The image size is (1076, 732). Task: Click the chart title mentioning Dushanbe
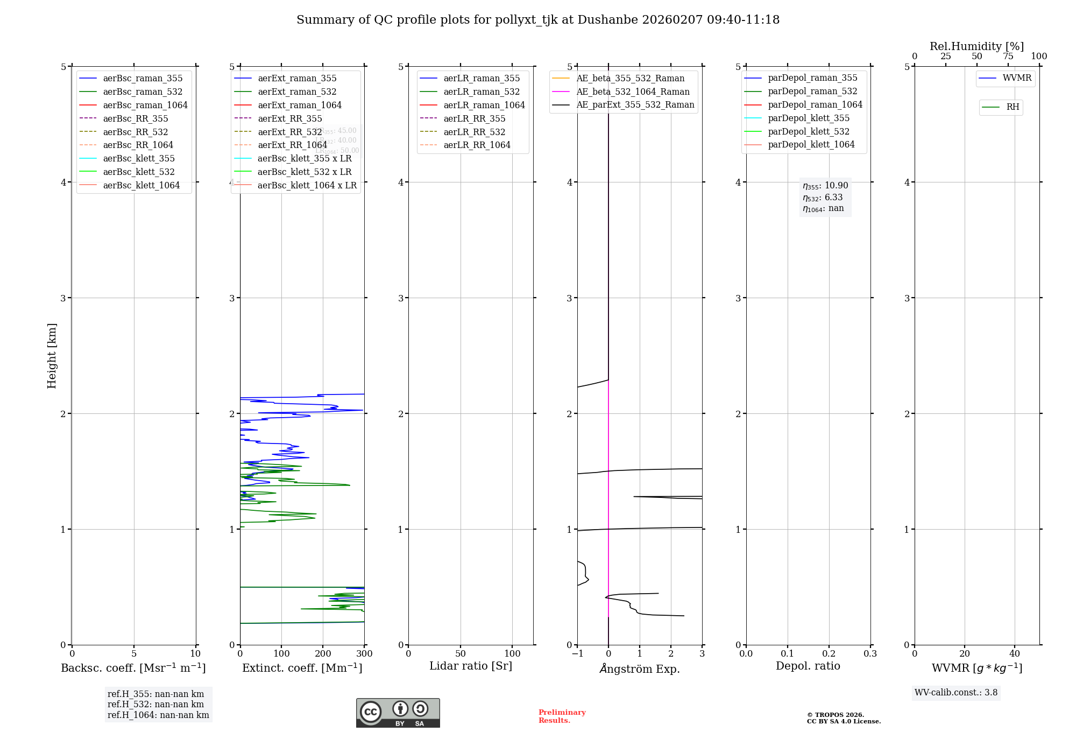[x=537, y=20]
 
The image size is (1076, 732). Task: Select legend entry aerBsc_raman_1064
[x=145, y=105]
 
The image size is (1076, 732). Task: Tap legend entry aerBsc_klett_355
[x=139, y=158]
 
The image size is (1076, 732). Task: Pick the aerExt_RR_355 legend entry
[x=289, y=118]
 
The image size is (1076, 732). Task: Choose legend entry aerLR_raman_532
[x=482, y=91]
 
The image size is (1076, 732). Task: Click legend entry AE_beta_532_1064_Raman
[x=633, y=91]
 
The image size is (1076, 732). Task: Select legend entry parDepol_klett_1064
[x=811, y=144]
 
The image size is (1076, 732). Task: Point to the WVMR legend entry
[x=1017, y=78]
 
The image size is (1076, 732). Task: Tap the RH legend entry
[x=1013, y=107]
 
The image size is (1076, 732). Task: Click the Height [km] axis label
[x=52, y=355]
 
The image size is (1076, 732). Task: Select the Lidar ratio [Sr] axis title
[x=471, y=666]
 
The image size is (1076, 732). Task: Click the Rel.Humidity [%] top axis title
[x=976, y=46]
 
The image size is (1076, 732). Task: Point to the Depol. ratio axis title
[x=808, y=666]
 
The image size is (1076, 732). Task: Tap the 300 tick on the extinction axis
[x=364, y=654]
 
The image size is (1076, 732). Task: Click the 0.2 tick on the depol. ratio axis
[x=829, y=654]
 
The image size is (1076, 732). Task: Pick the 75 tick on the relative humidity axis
[x=1008, y=57]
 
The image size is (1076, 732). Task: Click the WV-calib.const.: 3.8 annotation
[x=956, y=693]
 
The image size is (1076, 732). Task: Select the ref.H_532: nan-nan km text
[x=155, y=704]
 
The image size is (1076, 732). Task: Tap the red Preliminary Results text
[x=562, y=716]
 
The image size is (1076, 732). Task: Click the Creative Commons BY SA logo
[x=398, y=713]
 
